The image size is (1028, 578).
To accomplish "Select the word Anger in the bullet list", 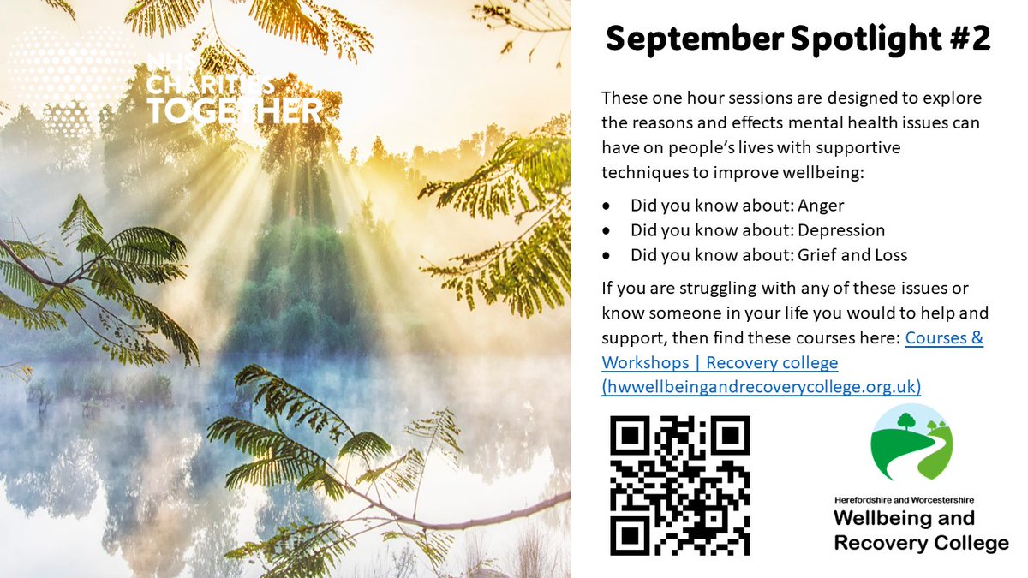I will pos(821,206).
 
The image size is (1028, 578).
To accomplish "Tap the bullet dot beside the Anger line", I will pos(607,206).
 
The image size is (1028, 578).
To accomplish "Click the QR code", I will pos(680,485).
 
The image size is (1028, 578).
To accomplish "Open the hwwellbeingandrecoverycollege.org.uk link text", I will pos(762,387).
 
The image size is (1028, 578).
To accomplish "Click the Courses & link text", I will pos(944,338).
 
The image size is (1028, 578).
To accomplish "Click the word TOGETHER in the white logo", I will pos(234,110).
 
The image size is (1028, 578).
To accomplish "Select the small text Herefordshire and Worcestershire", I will pos(904,499).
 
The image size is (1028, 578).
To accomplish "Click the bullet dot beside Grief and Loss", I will pos(607,255).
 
